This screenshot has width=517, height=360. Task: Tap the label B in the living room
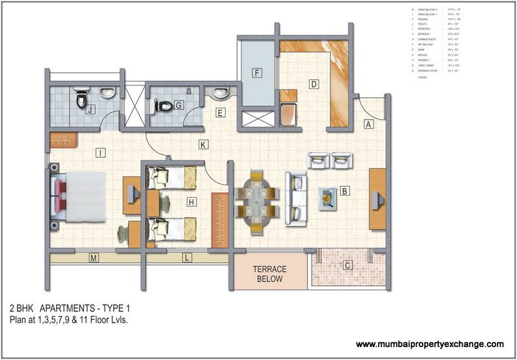(345, 191)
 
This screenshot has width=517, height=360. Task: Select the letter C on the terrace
(347, 264)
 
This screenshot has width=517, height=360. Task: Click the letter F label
(257, 72)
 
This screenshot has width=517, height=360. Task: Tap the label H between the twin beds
(191, 202)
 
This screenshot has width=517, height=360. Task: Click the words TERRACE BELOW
(269, 274)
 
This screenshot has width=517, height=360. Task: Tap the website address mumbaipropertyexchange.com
(430, 344)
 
